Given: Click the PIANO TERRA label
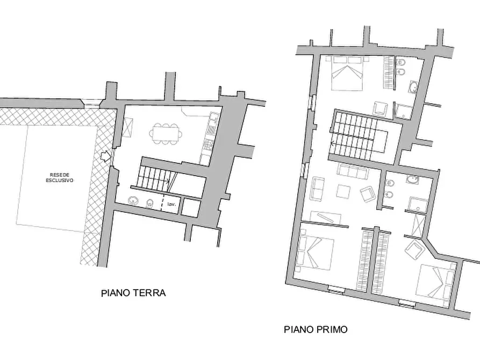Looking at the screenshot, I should pos(133,293).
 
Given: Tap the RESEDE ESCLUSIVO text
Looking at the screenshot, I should pos(60,178).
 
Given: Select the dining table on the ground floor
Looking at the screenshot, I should pos(165,133).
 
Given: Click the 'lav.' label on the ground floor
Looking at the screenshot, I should pos(171,205).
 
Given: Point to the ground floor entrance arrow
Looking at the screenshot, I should pos(106,157).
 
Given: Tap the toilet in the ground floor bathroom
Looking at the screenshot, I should pos(151,203).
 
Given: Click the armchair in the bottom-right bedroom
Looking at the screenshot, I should pos(415,249).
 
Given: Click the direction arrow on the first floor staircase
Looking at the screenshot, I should pos(335,143).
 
